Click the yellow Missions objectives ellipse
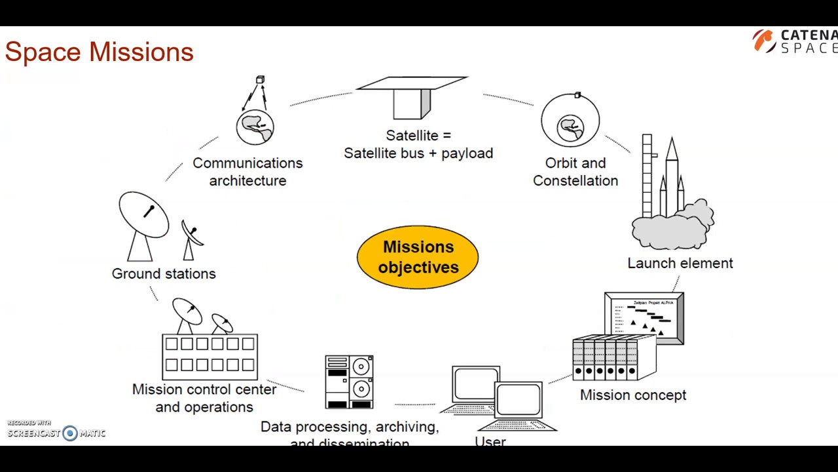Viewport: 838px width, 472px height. pos(418,257)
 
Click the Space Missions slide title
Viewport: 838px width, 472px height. pos(99,52)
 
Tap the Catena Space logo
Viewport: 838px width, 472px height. pos(794,41)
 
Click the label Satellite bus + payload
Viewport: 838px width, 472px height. pos(418,153)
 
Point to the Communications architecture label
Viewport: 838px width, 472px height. pos(247,172)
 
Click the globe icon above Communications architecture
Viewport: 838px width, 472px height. pos(255,127)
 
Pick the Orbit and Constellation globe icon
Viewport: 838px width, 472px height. pos(570,121)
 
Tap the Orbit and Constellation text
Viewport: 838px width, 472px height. pos(575,172)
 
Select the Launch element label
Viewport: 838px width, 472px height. pos(680,263)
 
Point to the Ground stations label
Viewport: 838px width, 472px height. pos(163,273)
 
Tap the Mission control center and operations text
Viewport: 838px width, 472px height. pos(204,398)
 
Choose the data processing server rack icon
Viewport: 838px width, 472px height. pos(349,382)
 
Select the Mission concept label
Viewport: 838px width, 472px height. pos(632,395)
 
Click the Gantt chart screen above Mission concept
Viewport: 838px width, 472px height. pos(644,317)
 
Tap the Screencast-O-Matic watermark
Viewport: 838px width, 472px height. pos(56,431)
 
